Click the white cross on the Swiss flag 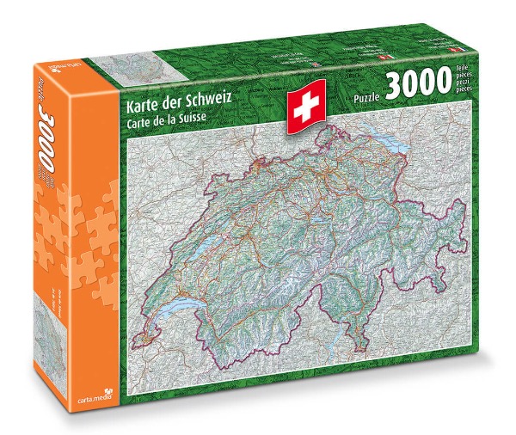point(305,108)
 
